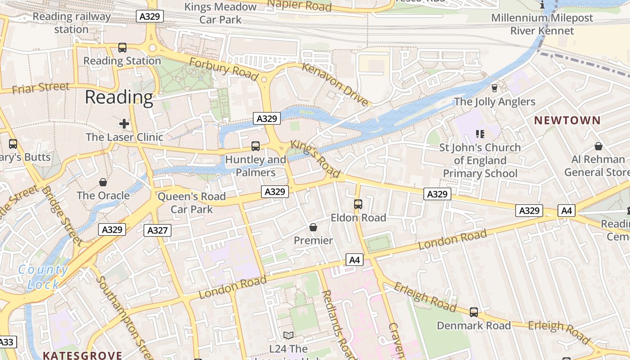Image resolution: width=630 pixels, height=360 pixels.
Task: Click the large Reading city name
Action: (x=119, y=97)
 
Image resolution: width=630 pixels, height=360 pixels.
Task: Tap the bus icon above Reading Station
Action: (x=122, y=47)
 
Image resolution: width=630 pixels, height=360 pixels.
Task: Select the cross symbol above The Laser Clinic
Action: (x=124, y=123)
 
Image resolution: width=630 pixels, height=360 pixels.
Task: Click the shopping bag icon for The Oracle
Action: (x=103, y=182)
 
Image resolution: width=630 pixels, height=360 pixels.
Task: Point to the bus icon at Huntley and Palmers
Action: (x=255, y=146)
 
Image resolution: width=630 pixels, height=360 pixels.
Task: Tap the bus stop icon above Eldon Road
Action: (x=358, y=204)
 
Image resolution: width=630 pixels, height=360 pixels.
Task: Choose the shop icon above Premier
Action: (x=313, y=227)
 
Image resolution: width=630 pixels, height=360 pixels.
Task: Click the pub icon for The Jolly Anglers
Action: (x=495, y=88)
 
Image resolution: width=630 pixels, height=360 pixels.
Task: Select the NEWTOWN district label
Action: (x=567, y=120)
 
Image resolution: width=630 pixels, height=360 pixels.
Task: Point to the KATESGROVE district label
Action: (x=82, y=355)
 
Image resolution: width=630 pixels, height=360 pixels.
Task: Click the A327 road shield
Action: (x=157, y=231)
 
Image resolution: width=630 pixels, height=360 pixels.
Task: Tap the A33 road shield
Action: (x=7, y=342)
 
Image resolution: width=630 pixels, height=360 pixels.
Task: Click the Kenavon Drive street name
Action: (x=335, y=85)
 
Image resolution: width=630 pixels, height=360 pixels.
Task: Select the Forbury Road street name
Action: (x=223, y=69)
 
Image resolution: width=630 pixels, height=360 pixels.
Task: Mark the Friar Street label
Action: (x=40, y=87)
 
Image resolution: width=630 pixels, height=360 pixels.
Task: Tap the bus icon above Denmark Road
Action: (x=473, y=312)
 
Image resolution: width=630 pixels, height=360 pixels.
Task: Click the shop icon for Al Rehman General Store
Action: (x=598, y=146)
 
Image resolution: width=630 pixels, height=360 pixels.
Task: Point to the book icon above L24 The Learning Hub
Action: (x=288, y=335)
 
